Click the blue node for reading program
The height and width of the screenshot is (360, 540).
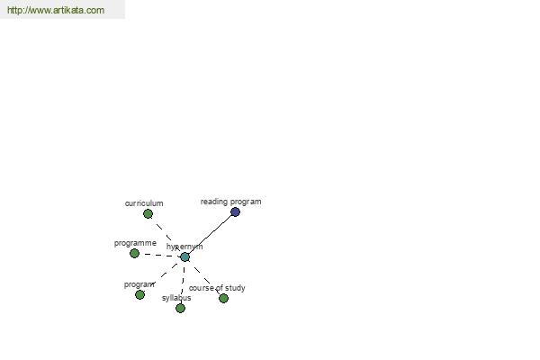[235, 211]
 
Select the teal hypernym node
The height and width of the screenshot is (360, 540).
[184, 257]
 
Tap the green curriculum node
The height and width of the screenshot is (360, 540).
[148, 214]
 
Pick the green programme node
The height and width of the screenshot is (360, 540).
[134, 254]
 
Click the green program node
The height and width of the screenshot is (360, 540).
[139, 294]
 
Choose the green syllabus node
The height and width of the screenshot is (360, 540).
[181, 308]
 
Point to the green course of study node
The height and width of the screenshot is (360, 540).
[223, 298]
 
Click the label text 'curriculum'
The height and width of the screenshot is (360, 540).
[144, 203]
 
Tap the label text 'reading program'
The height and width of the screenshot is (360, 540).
[230, 202]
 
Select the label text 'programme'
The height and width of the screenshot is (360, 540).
[135, 243]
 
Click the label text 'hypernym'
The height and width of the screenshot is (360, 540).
[184, 247]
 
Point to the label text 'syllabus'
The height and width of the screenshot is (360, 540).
[176, 298]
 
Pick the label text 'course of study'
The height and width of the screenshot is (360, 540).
[217, 288]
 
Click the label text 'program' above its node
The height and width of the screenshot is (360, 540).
[139, 284]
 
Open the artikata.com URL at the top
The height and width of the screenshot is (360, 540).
[56, 10]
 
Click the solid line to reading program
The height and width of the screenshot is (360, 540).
[210, 235]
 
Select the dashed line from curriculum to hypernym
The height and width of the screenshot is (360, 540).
[166, 236]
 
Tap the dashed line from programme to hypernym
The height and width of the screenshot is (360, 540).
[160, 256]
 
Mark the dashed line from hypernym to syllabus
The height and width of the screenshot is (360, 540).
[183, 283]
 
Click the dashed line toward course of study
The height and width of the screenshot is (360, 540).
[204, 278]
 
